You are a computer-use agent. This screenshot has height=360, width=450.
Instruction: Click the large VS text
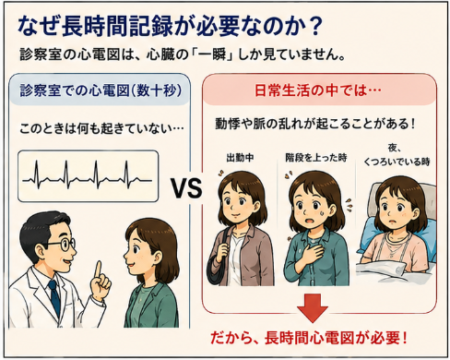186,188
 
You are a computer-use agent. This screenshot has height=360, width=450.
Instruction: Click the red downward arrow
313,307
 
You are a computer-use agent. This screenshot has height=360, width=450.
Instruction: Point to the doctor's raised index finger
98,270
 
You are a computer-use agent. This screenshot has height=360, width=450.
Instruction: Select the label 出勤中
240,158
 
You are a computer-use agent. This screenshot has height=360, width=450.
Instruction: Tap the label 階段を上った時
315,158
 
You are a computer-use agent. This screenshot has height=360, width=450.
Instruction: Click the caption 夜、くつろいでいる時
397,155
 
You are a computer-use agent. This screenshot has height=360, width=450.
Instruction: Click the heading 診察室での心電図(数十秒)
101,90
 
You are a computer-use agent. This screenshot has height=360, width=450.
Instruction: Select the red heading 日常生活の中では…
317,90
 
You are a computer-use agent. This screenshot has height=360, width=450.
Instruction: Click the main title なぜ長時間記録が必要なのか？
170,26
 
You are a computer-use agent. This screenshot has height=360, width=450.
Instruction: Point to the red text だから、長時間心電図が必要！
309,338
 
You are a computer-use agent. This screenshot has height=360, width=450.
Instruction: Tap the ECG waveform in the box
87,175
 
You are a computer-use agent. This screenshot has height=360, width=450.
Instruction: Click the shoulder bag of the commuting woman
218,261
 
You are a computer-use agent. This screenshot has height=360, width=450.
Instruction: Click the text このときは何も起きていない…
101,128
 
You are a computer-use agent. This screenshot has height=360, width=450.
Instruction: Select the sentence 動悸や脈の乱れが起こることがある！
315,124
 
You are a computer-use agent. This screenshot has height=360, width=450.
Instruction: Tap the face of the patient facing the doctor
138,252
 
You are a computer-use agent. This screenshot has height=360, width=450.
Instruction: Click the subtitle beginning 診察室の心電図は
182,54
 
